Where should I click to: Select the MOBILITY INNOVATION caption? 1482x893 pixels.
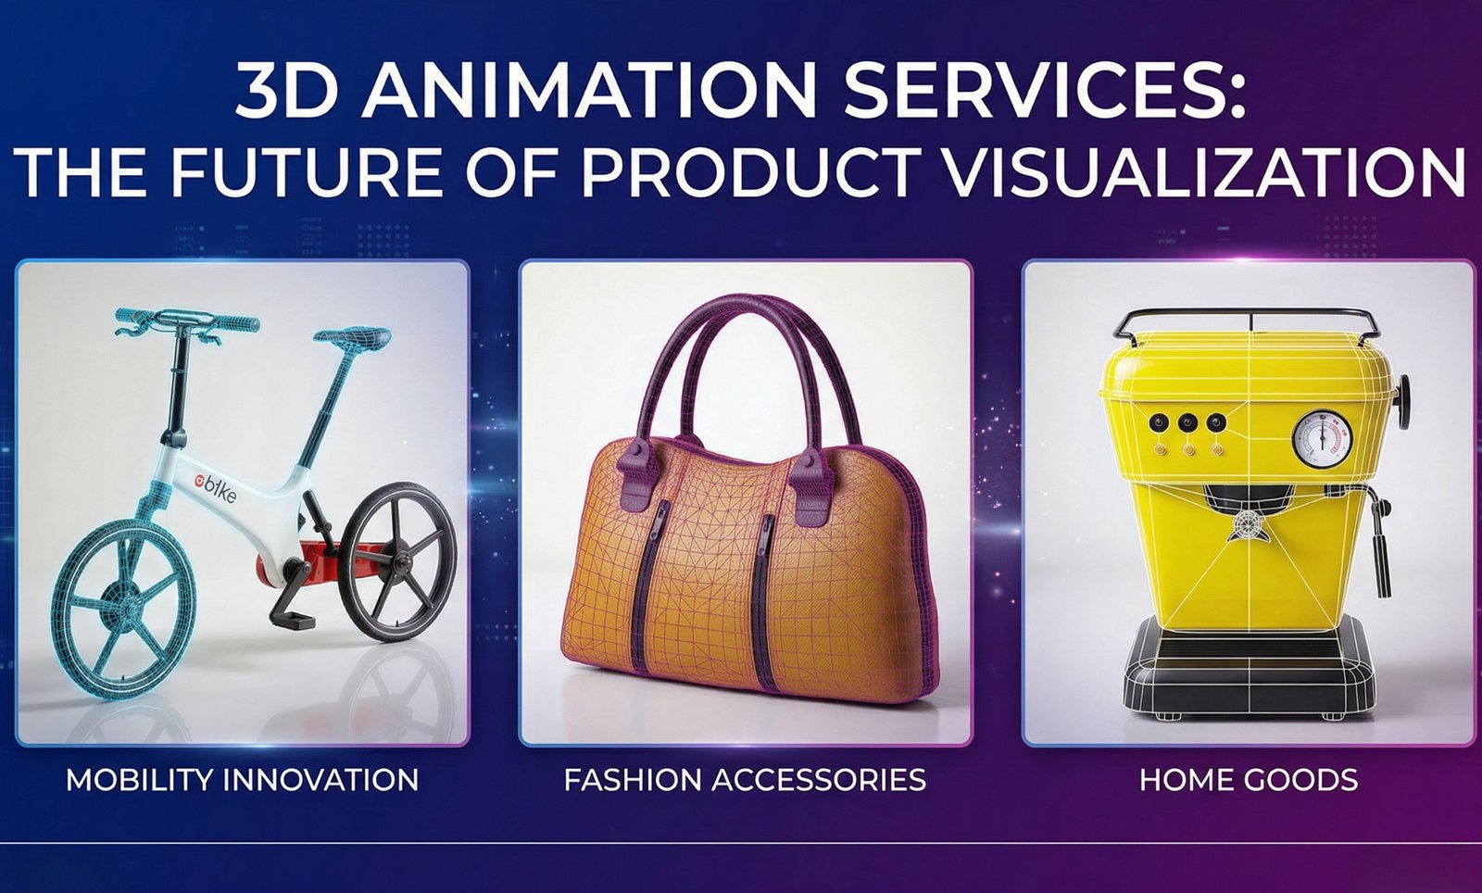coord(242,779)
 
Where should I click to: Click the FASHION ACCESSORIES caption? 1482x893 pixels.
coord(745,779)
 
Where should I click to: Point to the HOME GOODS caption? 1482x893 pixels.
coord(1248,779)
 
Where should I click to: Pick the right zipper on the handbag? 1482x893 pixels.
coord(765,565)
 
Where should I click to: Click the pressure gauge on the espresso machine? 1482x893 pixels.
coord(1321,438)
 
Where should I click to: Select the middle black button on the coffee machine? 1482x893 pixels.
coord(1187,423)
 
